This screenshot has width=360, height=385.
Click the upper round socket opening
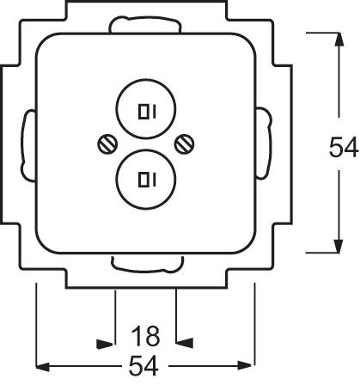[x=145, y=111]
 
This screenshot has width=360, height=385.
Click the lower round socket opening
[x=145, y=179]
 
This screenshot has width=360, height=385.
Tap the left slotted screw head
[x=107, y=145]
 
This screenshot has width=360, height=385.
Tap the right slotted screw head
[x=182, y=145]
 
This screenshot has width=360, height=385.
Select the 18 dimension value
[x=144, y=333]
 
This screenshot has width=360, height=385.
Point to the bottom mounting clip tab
[x=144, y=261]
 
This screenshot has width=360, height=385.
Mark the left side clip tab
[x=28, y=145]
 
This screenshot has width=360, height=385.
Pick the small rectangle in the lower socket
[x=141, y=179]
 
